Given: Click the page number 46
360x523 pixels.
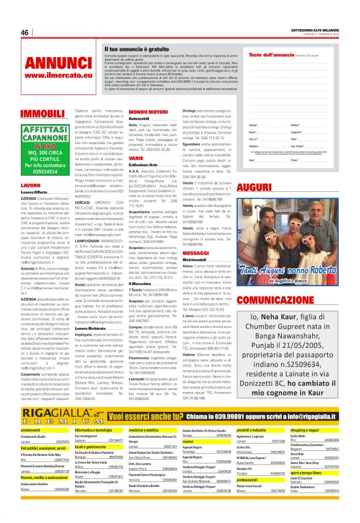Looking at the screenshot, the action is click(x=25, y=33).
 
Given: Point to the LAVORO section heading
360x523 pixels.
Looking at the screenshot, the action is click(x=31, y=185).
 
